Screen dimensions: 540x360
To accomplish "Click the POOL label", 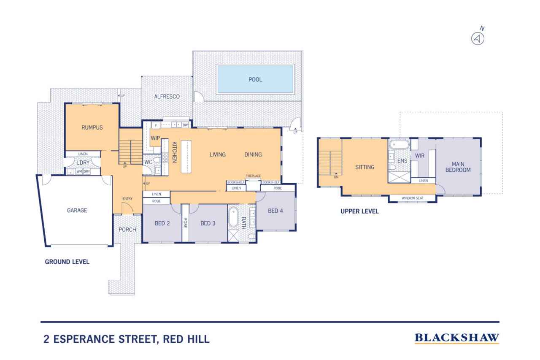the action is point(255,79).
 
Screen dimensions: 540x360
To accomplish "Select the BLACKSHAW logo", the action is point(457,338).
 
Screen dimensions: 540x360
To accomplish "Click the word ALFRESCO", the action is point(167,97).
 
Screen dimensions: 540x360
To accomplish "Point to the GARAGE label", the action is point(77,211).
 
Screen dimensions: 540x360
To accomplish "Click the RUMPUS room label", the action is point(92,127).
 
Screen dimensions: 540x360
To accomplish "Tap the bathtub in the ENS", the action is point(399,145).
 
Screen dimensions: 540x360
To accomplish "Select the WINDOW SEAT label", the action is point(413,198).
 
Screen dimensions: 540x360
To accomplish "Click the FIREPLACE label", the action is point(253,176).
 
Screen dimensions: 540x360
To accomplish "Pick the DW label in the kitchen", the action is point(185,125).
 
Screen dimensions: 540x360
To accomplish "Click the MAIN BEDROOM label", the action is point(458,167).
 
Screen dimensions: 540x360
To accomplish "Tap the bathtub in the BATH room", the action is point(233,217).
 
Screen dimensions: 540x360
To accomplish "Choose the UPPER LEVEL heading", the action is point(359,211).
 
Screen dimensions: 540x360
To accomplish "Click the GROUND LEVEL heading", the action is point(67,262).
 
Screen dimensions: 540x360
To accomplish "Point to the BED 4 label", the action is point(275,211).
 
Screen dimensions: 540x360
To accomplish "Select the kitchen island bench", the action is point(186,157).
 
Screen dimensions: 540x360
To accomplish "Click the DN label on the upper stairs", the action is point(336,177).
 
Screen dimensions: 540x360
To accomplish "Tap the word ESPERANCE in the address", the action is point(84,339).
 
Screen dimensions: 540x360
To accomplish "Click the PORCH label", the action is point(127,230).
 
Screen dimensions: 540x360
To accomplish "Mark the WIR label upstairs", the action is point(419,156).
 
